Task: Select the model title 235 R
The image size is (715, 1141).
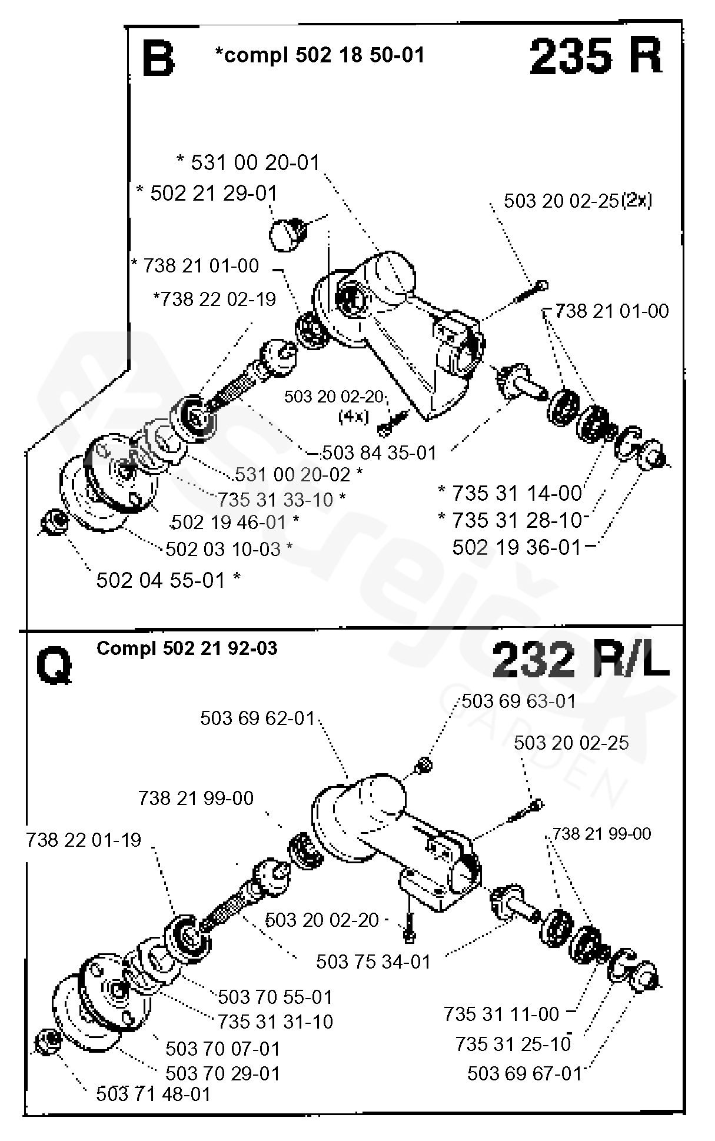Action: [596, 57]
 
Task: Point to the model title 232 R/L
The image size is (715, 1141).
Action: [580, 660]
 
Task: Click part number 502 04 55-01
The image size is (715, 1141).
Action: [162, 580]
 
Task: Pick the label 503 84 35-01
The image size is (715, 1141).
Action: [380, 453]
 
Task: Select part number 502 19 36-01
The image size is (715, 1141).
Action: [516, 547]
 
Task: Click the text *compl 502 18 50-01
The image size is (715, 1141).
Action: [320, 55]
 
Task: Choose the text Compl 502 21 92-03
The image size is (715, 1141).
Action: [187, 648]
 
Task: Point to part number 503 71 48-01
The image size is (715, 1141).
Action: [153, 1094]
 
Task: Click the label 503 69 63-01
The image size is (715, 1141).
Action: [518, 701]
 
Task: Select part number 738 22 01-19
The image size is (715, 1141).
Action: [84, 839]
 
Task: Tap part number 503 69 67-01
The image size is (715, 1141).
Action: [524, 1073]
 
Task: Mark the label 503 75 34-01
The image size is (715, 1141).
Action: [373, 962]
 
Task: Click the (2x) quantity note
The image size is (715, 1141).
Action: [637, 201]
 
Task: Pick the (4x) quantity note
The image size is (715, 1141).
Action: [353, 416]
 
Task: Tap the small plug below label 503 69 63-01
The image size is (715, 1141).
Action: [424, 766]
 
